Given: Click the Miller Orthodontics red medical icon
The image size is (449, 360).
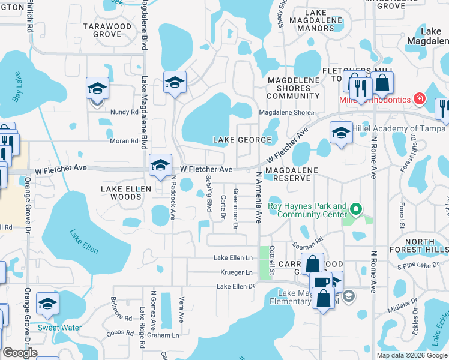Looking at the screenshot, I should click(x=420, y=98).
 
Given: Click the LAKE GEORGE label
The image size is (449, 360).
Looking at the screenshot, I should click(x=243, y=140).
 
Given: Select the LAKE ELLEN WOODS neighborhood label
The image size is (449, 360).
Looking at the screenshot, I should click(x=121, y=193).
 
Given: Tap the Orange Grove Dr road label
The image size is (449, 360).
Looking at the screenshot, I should click(x=27, y=205).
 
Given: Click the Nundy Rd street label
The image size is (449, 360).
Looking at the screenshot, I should click(x=125, y=112).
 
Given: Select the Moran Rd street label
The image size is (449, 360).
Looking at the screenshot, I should click(x=125, y=141).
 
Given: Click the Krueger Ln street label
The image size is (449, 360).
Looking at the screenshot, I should click(x=235, y=272).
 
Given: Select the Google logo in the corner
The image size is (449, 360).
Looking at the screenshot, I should click(x=20, y=353).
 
